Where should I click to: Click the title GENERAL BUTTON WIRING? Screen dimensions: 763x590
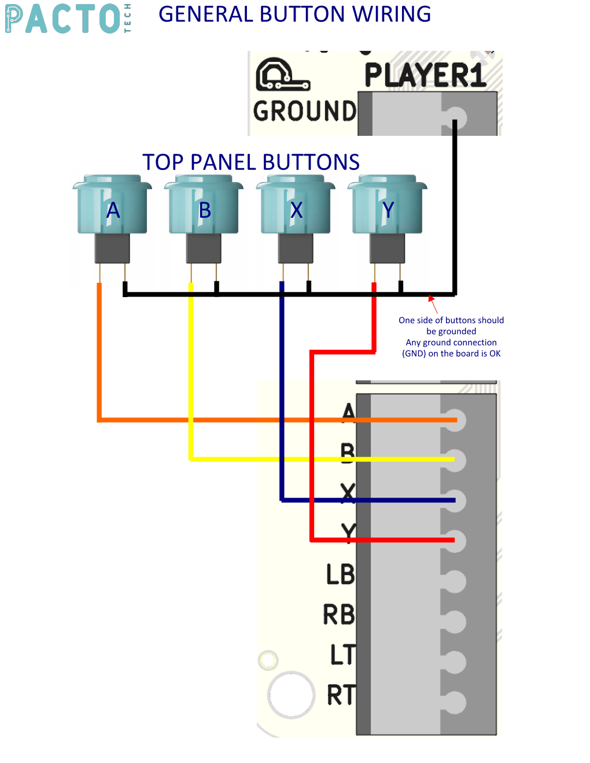(x=294, y=14)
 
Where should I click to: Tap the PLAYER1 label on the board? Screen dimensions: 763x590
(x=425, y=76)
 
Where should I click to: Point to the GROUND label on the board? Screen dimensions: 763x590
(x=305, y=111)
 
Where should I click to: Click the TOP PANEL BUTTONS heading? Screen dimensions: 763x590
(x=251, y=162)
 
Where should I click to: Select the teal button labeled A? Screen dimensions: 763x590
(x=112, y=206)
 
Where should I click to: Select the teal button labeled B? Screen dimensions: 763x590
(x=204, y=206)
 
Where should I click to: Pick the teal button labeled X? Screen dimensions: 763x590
(x=296, y=206)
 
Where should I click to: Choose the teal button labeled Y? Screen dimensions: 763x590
(x=388, y=206)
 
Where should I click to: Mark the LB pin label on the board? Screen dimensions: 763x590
(x=340, y=575)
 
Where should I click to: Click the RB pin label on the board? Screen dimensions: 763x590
(x=339, y=615)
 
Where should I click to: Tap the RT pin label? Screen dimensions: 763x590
(x=341, y=695)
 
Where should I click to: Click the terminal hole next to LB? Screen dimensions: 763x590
(x=455, y=581)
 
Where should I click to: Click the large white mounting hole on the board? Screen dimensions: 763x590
(x=292, y=695)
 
